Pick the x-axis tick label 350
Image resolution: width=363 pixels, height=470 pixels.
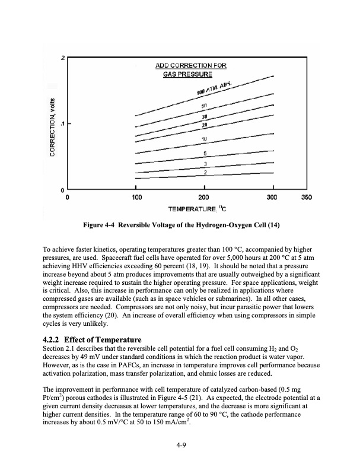click(307, 196)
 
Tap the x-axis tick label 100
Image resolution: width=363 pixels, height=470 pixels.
click(136, 196)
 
